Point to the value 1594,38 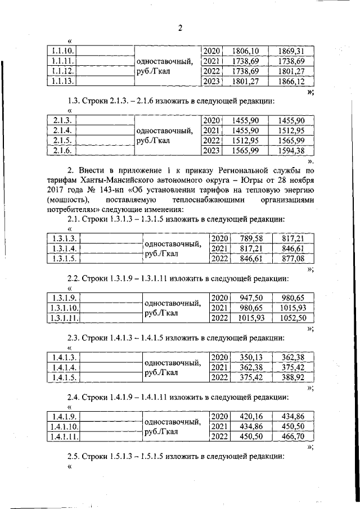pos(291,151)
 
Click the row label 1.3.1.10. pos(64,308)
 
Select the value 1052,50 pos(292,318)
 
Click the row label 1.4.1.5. pos(63,378)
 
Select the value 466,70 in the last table pos(292,437)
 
